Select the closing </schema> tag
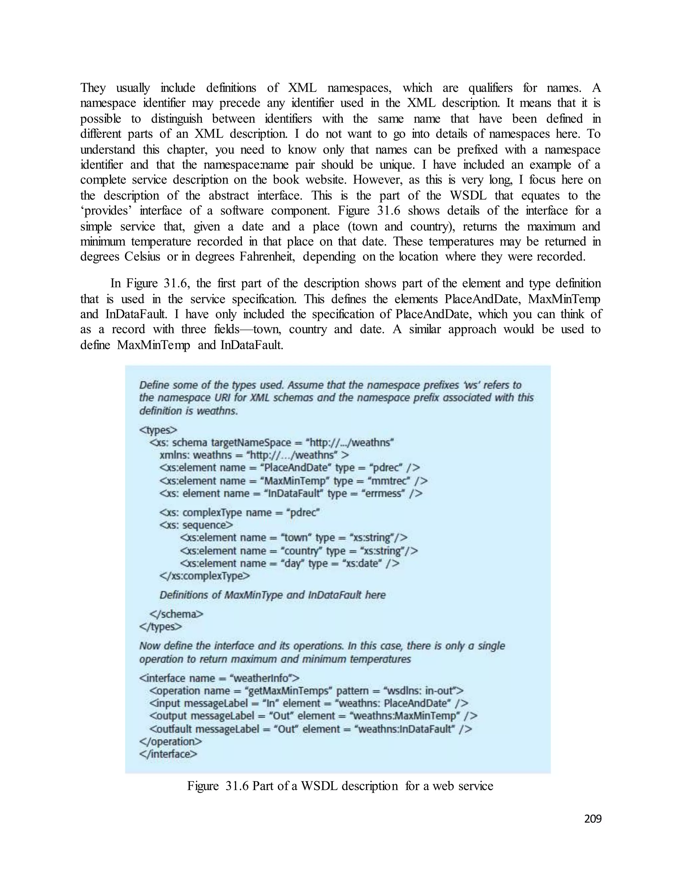point(176,614)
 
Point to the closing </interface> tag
point(168,754)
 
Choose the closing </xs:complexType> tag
point(204,576)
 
